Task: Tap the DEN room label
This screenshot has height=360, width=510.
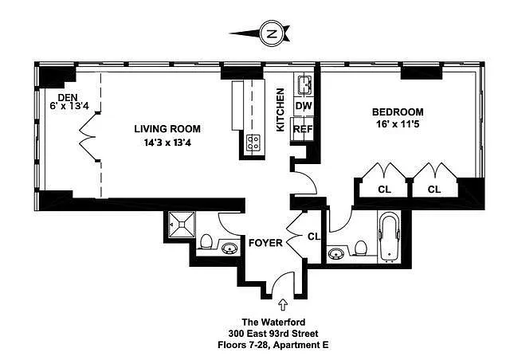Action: tap(67, 97)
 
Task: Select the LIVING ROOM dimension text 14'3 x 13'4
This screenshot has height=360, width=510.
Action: tap(167, 143)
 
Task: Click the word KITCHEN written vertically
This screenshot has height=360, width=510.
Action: tap(280, 110)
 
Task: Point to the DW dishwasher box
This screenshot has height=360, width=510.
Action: tap(304, 106)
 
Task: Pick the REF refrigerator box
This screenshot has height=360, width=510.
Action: tap(303, 129)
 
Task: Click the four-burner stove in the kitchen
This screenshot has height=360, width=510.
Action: tap(253, 143)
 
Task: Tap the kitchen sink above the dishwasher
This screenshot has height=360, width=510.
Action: tap(304, 84)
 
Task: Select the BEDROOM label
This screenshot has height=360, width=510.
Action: tap(398, 112)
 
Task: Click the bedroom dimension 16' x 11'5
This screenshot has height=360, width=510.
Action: tap(398, 124)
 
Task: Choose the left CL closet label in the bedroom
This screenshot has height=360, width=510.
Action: tap(384, 189)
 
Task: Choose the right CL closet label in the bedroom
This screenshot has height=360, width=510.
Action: tap(434, 189)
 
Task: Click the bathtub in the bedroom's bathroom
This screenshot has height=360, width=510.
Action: tap(389, 236)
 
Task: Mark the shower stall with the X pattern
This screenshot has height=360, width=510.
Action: tap(182, 225)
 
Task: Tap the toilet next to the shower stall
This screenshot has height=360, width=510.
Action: tap(206, 242)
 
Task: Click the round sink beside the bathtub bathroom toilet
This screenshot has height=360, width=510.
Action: tap(336, 252)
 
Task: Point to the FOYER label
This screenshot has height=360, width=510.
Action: tap(265, 243)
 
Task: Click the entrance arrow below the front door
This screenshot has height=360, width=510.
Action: tap(283, 305)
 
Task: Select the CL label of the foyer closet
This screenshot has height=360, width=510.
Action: tap(314, 237)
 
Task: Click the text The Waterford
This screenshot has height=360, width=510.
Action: tap(273, 323)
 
